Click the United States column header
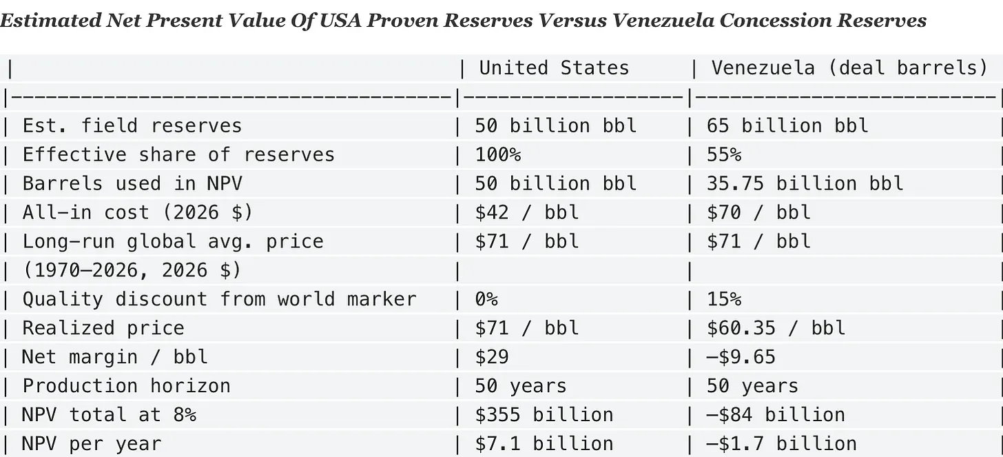[x=554, y=68]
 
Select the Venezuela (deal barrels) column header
[x=849, y=68]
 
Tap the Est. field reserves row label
[x=132, y=126]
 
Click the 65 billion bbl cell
[x=787, y=126]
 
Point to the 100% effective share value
[x=498, y=155]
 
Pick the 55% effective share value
[x=724, y=155]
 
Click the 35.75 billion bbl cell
[x=805, y=183]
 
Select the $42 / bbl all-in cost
[x=527, y=212]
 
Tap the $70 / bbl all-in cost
[x=758, y=212]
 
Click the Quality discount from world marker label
[x=219, y=299]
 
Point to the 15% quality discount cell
[x=724, y=299]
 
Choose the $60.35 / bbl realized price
[x=776, y=328]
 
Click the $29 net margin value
[x=492, y=357]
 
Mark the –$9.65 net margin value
[x=741, y=357]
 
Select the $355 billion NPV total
[x=544, y=415]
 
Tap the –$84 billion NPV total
[x=776, y=415]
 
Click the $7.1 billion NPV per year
[x=544, y=444]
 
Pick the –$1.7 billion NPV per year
[x=782, y=444]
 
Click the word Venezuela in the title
[x=663, y=21]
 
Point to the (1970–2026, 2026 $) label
[x=132, y=271]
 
